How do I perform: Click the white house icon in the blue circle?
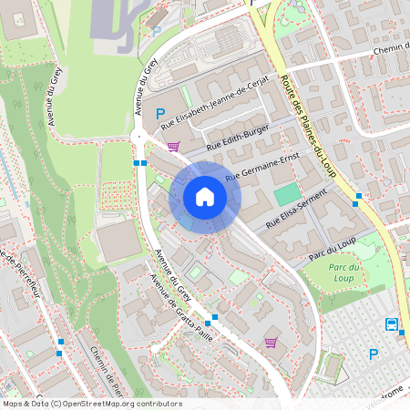[204, 197]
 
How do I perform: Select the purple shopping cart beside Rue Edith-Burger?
[173, 146]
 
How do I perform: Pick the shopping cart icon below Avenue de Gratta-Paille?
[271, 343]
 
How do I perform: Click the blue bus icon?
[391, 324]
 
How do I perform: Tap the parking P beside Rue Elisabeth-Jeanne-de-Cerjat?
[161, 114]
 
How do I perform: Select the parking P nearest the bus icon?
[372, 354]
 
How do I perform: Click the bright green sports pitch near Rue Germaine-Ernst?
[286, 194]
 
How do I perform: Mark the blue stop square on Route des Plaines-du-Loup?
[359, 196]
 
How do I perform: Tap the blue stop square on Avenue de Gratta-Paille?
[209, 322]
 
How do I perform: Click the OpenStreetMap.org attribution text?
[119, 404]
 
